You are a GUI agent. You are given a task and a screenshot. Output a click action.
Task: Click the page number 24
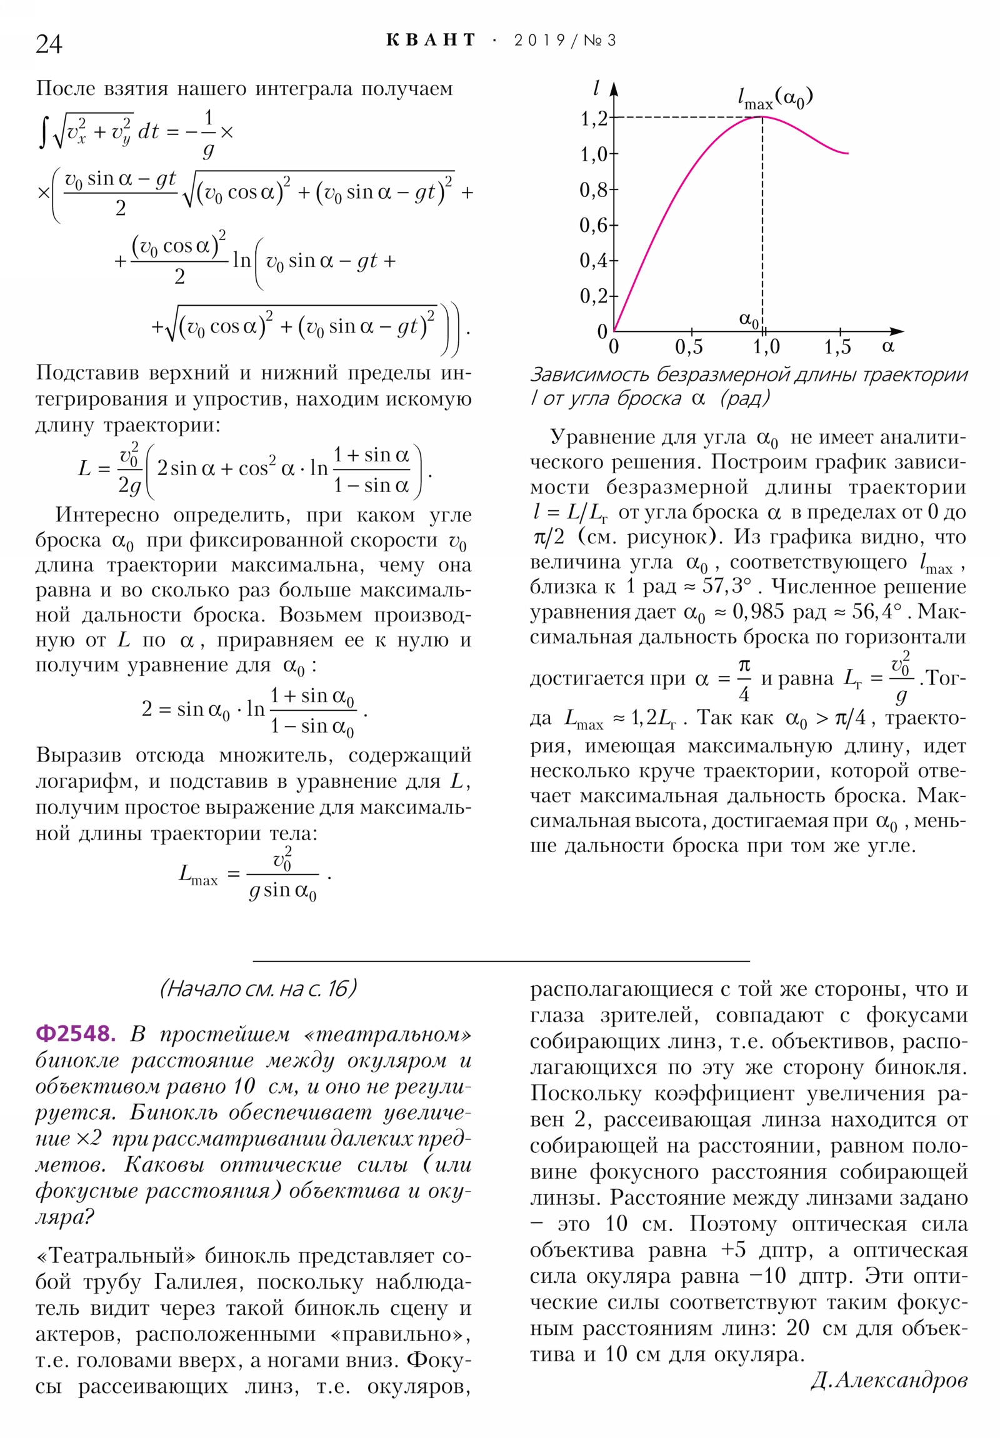point(49,44)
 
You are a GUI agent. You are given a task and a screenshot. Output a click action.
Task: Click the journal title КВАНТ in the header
point(431,40)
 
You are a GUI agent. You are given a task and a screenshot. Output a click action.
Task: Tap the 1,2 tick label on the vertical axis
point(594,118)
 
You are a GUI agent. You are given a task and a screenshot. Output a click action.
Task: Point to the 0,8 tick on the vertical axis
point(594,189)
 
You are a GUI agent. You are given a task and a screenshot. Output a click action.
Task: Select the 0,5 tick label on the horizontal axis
point(689,346)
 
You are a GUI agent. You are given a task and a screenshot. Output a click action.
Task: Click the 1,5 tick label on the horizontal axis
point(837,346)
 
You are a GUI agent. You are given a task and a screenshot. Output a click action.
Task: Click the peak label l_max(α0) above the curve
point(774,98)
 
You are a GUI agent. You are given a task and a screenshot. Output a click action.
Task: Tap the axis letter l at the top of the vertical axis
point(596,88)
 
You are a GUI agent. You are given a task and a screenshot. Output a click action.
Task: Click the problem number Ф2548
point(76,1033)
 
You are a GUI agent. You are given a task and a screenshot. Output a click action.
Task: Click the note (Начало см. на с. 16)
point(258,988)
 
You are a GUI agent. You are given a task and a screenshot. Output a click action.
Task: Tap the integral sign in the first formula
point(42,133)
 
